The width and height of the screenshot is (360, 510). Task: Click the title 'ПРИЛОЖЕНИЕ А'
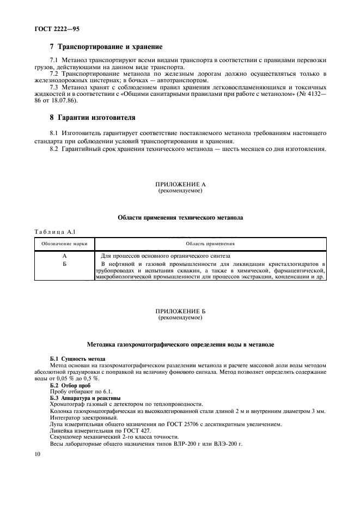(x=180, y=185)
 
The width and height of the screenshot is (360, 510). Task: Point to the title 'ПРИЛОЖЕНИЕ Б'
(x=180, y=311)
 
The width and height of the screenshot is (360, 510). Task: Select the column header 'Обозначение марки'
(x=64, y=244)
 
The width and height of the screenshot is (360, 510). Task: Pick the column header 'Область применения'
(x=210, y=244)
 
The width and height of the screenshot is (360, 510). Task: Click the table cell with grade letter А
(x=64, y=256)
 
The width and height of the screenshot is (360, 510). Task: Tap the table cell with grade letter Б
(x=64, y=264)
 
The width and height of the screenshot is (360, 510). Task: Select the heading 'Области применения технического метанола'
(x=180, y=217)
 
